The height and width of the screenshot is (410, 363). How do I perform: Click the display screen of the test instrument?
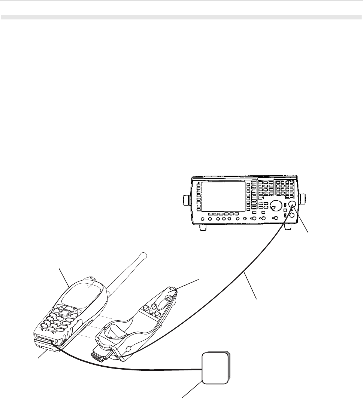pos(223,196)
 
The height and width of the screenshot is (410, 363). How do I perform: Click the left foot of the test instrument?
pos(203,226)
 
